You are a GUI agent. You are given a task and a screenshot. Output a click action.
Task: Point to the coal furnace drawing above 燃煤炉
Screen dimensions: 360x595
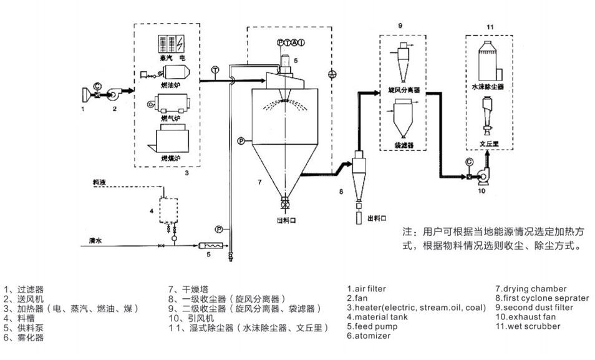(167, 138)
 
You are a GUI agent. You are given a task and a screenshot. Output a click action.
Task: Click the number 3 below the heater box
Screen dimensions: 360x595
(186, 173)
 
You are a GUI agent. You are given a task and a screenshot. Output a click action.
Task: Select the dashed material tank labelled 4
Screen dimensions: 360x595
(166, 210)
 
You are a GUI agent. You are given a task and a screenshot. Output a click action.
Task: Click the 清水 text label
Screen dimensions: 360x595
(95, 240)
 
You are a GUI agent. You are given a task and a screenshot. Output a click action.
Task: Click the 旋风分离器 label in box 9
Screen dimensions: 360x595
(404, 90)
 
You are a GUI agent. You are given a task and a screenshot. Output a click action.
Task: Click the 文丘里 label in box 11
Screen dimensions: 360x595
(487, 144)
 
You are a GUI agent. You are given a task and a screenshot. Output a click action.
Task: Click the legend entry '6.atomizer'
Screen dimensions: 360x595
(369, 336)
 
